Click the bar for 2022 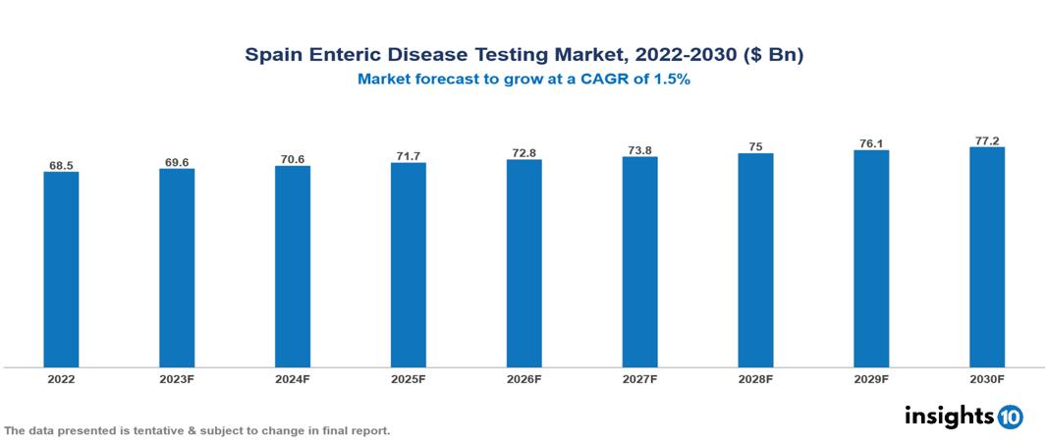(61, 269)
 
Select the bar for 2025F (408, 264)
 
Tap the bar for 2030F (987, 257)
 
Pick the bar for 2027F (639, 261)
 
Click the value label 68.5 (61, 166)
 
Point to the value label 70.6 (293, 159)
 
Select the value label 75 (755, 146)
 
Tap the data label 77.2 (987, 140)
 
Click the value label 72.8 (524, 153)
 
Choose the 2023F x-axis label (177, 378)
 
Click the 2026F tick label (524, 378)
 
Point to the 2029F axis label (871, 378)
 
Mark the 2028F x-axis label (755, 378)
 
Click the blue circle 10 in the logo (1010, 417)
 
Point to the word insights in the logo (949, 417)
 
